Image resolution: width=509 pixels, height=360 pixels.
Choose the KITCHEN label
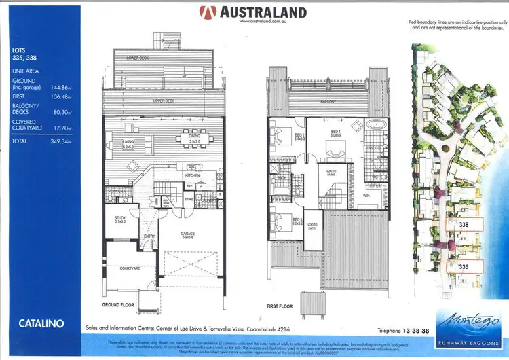pyautogui.click(x=192, y=175)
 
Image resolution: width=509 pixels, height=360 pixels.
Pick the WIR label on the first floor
pyautogui.click(x=365, y=195)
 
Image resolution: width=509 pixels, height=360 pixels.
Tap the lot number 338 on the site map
pyautogui.click(x=464, y=223)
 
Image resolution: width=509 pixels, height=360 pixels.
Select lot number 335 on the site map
pyautogui.click(x=464, y=267)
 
